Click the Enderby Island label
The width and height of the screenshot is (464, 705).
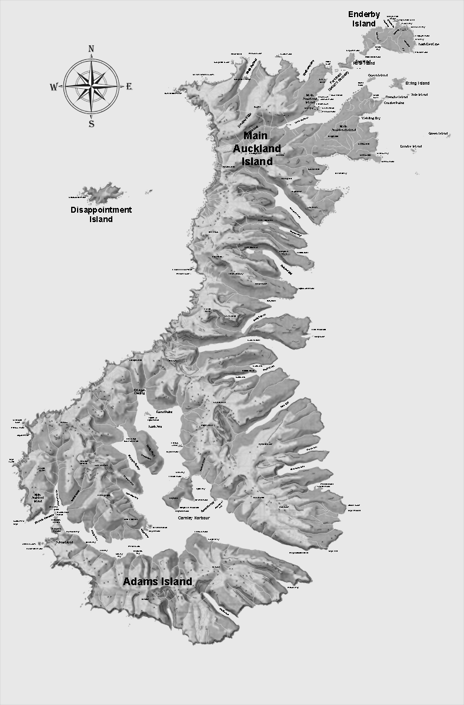[x=364, y=19]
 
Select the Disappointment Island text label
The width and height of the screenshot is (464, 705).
[x=101, y=214]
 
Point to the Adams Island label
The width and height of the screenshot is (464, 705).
[x=157, y=582]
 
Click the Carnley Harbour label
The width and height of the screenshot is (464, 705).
[x=193, y=518]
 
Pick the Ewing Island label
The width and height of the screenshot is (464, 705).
[x=417, y=83]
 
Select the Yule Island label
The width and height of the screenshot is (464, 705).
[x=419, y=95]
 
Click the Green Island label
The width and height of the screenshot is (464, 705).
[x=438, y=134]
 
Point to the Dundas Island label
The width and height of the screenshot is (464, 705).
[x=411, y=146]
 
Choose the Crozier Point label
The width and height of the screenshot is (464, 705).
[x=394, y=103]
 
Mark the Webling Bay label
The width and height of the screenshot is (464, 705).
[x=371, y=118]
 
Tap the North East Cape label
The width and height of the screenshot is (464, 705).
[x=429, y=44]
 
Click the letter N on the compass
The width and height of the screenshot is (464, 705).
[x=91, y=49]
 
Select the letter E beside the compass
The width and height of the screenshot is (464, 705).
[x=129, y=87]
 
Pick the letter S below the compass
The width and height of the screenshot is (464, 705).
[x=91, y=124]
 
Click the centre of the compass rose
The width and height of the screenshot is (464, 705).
[x=91, y=86]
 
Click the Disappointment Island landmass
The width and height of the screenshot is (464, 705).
[x=103, y=192]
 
